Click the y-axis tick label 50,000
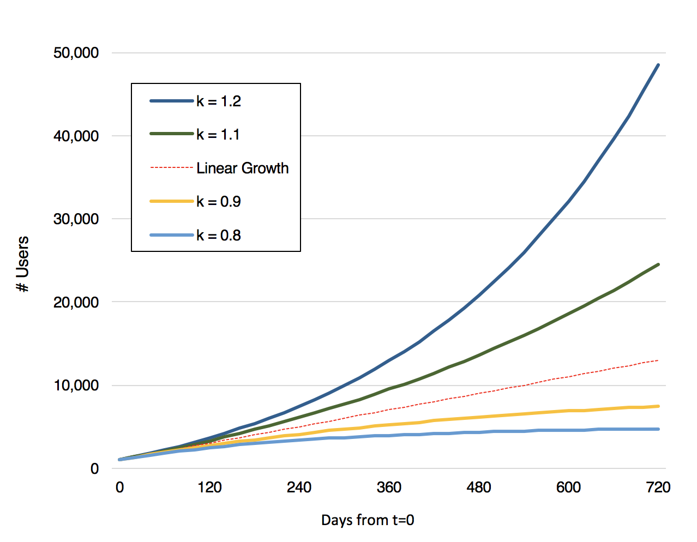pyautogui.click(x=76, y=53)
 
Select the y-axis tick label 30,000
pyautogui.click(x=76, y=219)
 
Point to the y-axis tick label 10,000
pyautogui.click(x=76, y=386)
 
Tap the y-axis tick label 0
pyautogui.click(x=95, y=469)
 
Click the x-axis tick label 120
pyautogui.click(x=209, y=487)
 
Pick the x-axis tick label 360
pyautogui.click(x=389, y=487)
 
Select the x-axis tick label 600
pyautogui.click(x=568, y=487)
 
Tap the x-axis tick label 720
pyautogui.click(x=658, y=487)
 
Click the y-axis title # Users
pyautogui.click(x=23, y=264)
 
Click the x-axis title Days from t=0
pyautogui.click(x=367, y=520)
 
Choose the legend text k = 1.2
pyautogui.click(x=219, y=101)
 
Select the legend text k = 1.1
pyautogui.click(x=218, y=135)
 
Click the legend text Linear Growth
pyautogui.click(x=243, y=168)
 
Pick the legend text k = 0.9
pyautogui.click(x=219, y=202)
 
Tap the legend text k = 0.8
pyautogui.click(x=219, y=236)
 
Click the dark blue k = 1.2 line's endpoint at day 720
pyautogui.click(x=658, y=65)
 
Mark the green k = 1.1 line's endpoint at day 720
pyautogui.click(x=658, y=264)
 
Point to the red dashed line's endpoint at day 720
pyautogui.click(x=658, y=360)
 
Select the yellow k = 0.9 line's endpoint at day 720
pyautogui.click(x=658, y=406)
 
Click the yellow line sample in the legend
pyautogui.click(x=172, y=202)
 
